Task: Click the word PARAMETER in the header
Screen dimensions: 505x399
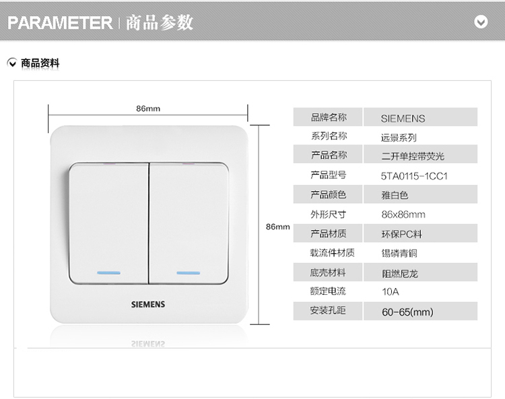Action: (60, 22)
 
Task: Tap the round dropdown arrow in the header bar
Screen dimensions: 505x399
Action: (481, 22)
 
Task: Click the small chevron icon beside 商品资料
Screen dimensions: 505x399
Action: (12, 63)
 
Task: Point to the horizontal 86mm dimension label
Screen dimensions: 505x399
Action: (148, 108)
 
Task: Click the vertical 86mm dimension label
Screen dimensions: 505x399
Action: (277, 227)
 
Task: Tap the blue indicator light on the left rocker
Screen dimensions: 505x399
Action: (109, 273)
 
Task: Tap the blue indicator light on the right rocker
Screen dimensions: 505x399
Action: (189, 273)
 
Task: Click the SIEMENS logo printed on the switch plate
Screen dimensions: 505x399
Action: (148, 304)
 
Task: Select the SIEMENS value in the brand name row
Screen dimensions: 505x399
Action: (403, 118)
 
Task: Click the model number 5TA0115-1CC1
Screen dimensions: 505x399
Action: (414, 176)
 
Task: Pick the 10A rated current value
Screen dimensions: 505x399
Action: (390, 292)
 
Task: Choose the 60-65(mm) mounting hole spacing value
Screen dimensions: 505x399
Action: (407, 312)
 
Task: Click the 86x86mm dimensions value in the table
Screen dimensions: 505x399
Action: (403, 215)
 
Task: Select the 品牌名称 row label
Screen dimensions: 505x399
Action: (329, 117)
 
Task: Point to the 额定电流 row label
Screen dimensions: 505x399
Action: (328, 291)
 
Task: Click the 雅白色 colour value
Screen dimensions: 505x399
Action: (395, 195)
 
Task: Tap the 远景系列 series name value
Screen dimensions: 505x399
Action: (399, 137)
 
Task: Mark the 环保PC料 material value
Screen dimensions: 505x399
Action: (401, 234)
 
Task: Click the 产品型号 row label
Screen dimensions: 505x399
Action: (328, 175)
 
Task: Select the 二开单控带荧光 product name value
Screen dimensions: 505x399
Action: (413, 156)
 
